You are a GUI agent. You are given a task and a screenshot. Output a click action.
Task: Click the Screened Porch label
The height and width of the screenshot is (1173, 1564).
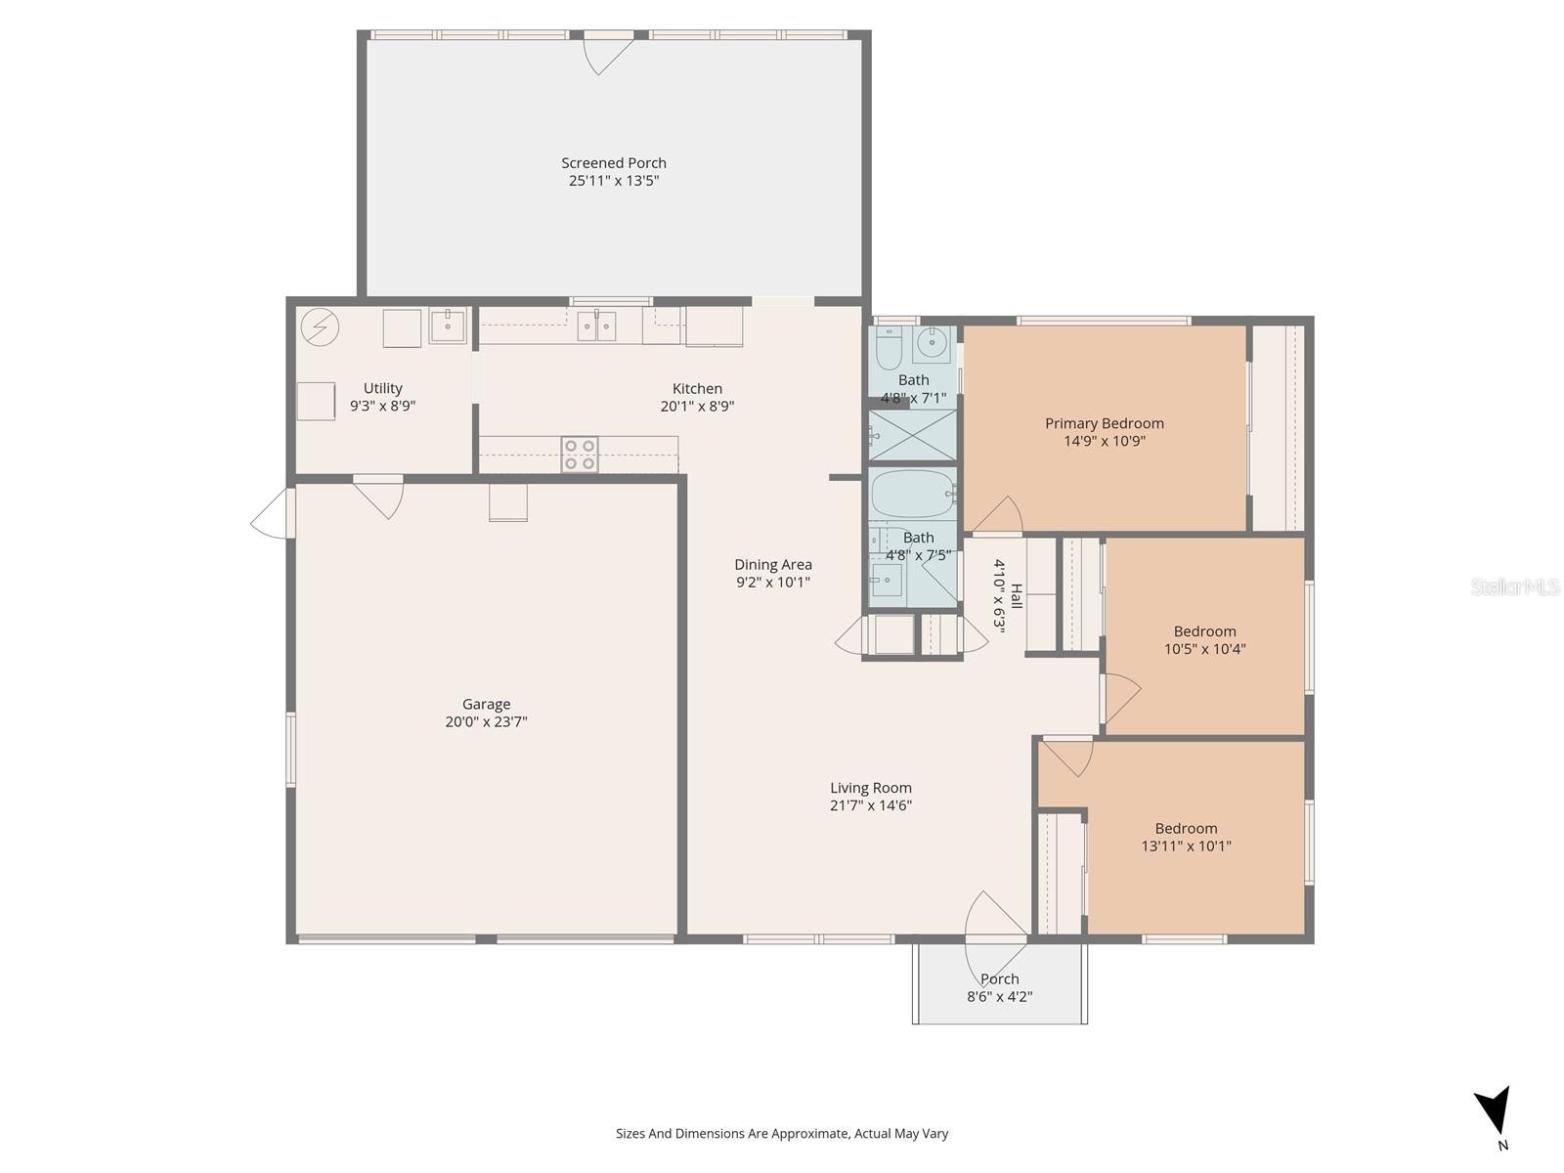click(x=614, y=163)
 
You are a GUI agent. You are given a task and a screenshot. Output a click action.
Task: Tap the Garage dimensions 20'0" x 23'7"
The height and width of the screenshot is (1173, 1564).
click(x=486, y=721)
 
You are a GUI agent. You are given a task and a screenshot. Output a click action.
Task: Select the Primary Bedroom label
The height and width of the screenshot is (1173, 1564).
click(x=1104, y=423)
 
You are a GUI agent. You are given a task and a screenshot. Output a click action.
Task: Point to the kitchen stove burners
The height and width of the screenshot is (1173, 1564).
click(x=580, y=455)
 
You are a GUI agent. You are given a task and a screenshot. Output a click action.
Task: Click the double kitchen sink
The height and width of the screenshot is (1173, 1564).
click(x=596, y=326)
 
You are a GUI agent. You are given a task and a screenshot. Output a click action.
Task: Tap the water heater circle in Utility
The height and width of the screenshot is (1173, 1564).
click(x=320, y=327)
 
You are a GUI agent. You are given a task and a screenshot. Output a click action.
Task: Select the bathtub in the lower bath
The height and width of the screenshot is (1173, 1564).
click(x=913, y=493)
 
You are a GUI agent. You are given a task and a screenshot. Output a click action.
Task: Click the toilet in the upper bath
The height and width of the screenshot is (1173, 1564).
click(x=889, y=348)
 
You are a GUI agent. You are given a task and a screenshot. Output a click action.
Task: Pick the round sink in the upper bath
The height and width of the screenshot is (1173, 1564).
click(x=931, y=344)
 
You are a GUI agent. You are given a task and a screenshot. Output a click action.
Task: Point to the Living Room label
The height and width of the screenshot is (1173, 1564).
click(x=870, y=788)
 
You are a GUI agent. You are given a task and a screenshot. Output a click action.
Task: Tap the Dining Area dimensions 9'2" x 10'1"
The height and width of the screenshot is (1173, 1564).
click(x=773, y=582)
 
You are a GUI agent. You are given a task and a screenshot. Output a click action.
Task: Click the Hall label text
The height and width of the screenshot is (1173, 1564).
click(x=1017, y=596)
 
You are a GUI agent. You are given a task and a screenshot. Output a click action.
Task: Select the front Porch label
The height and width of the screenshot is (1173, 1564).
click(x=999, y=978)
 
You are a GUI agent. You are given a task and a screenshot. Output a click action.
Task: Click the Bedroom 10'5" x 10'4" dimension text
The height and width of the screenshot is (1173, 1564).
click(x=1204, y=649)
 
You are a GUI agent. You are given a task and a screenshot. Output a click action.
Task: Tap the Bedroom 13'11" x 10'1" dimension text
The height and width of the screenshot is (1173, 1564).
click(x=1186, y=847)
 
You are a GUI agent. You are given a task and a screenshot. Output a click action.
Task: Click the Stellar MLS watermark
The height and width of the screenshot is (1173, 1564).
click(x=1515, y=586)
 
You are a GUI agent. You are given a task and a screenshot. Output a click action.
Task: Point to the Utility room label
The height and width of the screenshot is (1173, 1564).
click(x=382, y=388)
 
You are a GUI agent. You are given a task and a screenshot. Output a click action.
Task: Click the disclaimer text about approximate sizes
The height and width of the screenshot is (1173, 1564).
click(x=782, y=1134)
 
